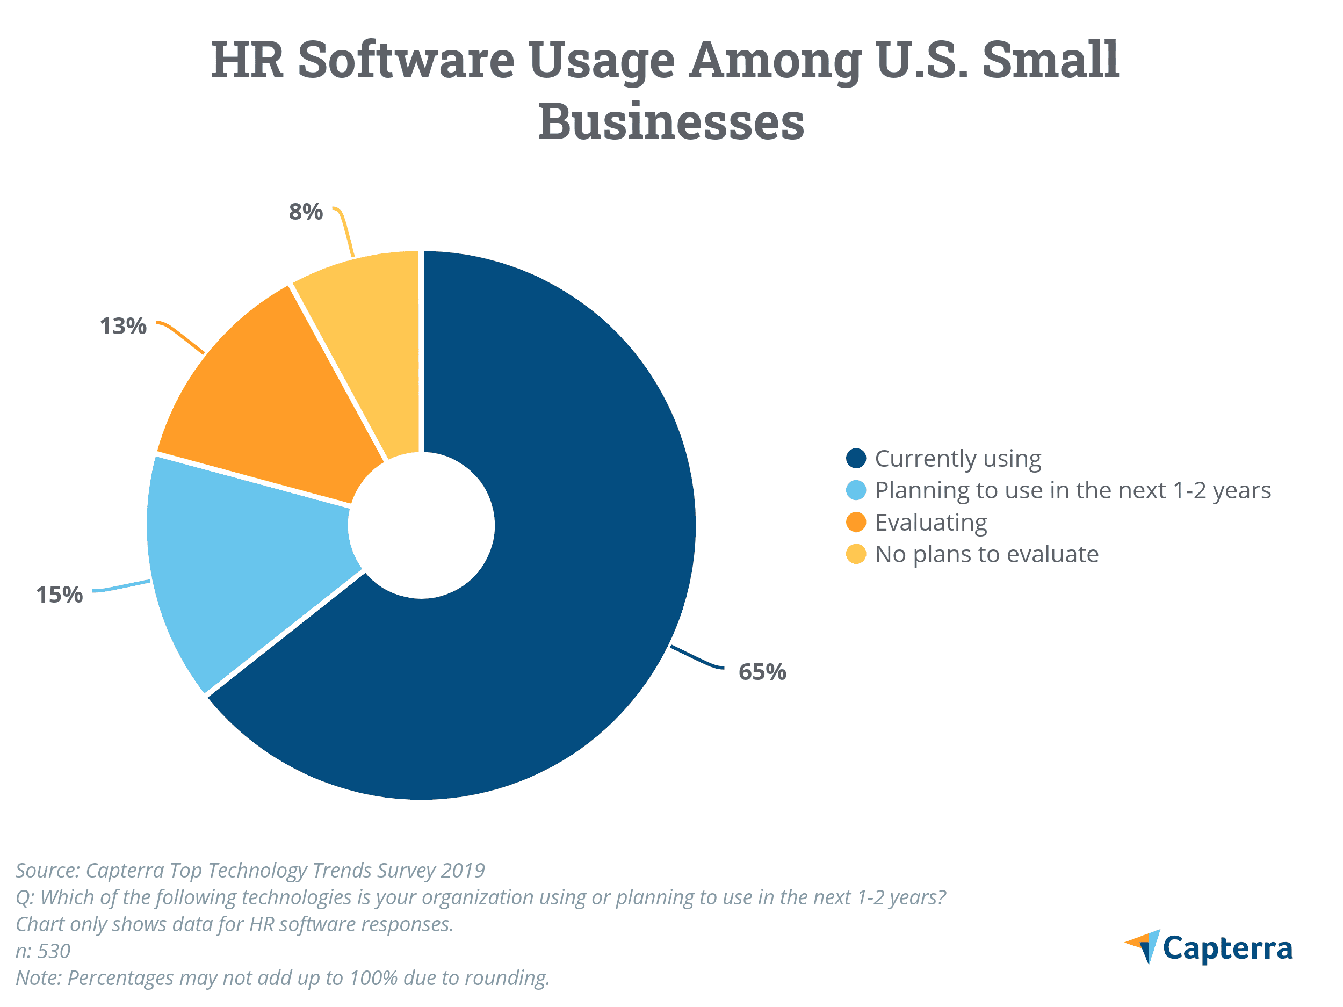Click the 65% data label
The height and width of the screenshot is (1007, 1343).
[762, 672]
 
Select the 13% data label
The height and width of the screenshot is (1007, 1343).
[123, 326]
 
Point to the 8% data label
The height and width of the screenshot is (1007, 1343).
[305, 212]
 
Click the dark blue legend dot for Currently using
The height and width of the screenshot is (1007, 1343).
[855, 458]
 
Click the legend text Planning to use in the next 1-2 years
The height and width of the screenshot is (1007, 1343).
[1072, 490]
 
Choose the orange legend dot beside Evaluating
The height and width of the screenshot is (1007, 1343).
[855, 522]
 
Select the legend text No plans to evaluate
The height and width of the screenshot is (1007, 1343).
[987, 554]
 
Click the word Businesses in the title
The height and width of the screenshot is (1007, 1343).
[671, 121]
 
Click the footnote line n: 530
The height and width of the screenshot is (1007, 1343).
[42, 951]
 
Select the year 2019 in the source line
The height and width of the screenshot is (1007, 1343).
[463, 871]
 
